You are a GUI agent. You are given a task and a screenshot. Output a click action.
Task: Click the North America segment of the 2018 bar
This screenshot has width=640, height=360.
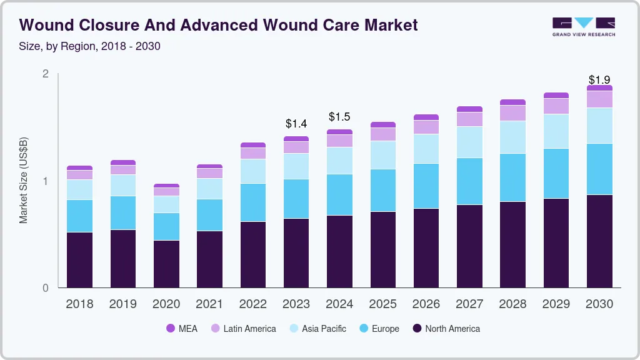(79, 260)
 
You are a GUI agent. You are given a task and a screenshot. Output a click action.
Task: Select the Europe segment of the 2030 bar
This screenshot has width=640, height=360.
(599, 169)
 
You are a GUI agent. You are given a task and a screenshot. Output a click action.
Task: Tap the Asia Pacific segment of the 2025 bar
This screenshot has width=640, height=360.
(382, 155)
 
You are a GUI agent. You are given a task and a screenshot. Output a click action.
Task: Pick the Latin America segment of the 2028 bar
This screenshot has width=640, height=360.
(512, 112)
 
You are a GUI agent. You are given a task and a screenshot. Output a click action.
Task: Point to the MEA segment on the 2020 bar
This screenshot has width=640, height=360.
(166, 186)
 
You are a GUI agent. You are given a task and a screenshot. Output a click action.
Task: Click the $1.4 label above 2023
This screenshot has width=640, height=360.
(296, 124)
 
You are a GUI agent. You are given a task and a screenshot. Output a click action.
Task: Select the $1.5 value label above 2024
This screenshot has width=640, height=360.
(339, 117)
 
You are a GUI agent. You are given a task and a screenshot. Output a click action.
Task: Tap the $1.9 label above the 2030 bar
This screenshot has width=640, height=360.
(599, 80)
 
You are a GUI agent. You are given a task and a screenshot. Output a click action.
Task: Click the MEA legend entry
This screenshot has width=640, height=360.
(182, 328)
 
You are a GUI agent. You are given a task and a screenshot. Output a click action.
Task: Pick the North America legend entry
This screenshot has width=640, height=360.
(446, 328)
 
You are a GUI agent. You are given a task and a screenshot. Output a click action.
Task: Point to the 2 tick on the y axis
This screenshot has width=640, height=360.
(45, 74)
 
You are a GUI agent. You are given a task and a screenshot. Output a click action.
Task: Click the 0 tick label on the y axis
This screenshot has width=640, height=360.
(45, 288)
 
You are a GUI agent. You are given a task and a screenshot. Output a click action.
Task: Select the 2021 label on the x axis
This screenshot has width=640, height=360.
(209, 304)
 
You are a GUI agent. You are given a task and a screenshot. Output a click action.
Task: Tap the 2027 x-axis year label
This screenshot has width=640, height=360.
(469, 304)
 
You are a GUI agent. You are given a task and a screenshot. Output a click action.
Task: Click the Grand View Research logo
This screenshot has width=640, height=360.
(583, 26)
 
